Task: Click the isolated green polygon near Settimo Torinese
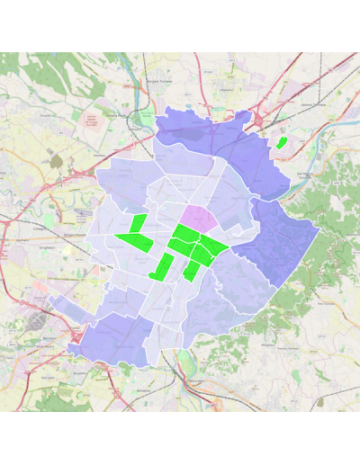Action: [281, 142]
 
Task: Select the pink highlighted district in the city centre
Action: [201, 218]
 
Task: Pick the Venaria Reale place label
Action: [116, 114]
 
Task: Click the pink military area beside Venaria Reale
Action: [91, 121]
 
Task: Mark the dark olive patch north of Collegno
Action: [56, 161]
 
